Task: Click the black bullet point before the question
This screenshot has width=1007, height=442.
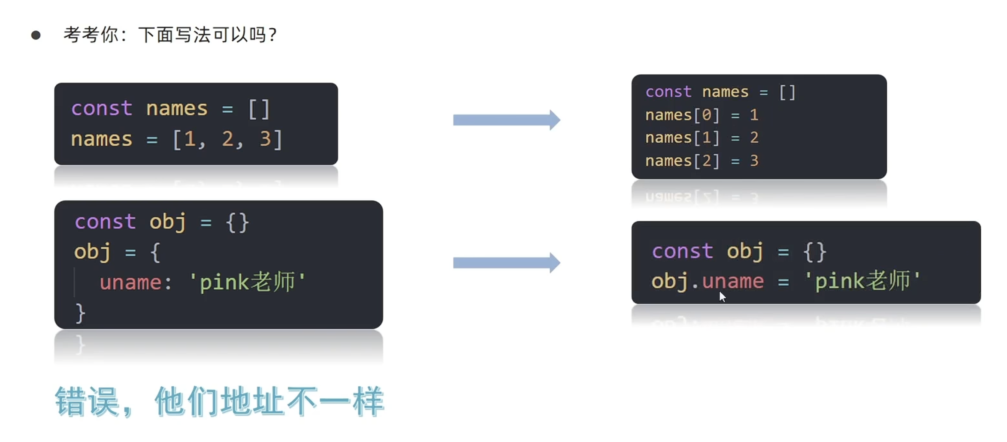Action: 36,35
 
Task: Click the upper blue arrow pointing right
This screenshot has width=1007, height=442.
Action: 506,120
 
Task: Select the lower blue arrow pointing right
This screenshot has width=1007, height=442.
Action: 506,263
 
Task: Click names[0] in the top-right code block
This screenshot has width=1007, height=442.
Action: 682,115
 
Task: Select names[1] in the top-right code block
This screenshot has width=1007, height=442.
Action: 682,138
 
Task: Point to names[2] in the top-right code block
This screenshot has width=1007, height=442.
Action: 682,161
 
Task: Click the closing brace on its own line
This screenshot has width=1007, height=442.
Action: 80,313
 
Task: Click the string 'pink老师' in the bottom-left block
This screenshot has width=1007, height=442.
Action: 247,283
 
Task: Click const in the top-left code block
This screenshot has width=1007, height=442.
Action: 102,108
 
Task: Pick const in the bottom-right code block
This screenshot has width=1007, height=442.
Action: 682,251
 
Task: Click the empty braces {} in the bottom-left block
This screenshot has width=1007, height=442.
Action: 237,223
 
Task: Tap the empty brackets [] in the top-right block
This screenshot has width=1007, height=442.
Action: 787,92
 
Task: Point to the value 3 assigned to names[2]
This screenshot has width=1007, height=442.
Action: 754,161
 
